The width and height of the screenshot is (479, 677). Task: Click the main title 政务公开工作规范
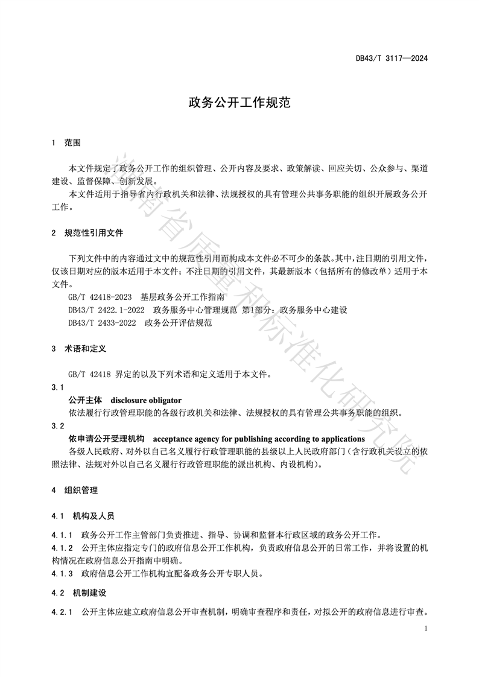(x=239, y=103)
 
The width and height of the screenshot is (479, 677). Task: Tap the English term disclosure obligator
(x=145, y=400)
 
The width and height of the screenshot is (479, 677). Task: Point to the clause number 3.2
(x=58, y=426)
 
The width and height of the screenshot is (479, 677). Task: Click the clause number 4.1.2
(x=62, y=548)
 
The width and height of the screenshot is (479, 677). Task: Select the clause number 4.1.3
(x=62, y=573)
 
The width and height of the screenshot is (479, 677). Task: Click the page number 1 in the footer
(x=426, y=629)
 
